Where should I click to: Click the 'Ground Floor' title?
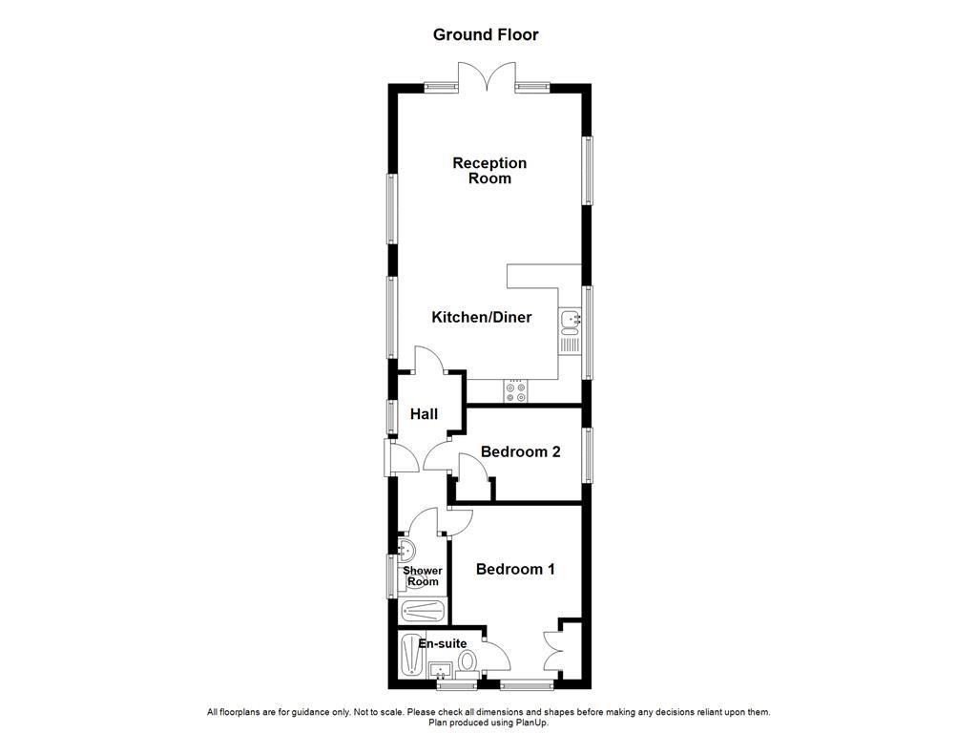pyautogui.click(x=486, y=35)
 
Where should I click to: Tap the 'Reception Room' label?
pyautogui.click(x=488, y=171)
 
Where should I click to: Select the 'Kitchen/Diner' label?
pyautogui.click(x=482, y=317)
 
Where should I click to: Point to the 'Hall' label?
pyautogui.click(x=424, y=413)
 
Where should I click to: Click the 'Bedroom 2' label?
pyautogui.click(x=520, y=451)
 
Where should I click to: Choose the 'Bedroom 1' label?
pyautogui.click(x=515, y=569)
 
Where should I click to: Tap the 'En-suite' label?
pyautogui.click(x=443, y=643)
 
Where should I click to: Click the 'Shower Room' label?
pyautogui.click(x=422, y=576)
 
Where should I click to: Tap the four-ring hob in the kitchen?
pyautogui.click(x=516, y=390)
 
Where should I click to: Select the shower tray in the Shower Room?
pyautogui.click(x=421, y=611)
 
